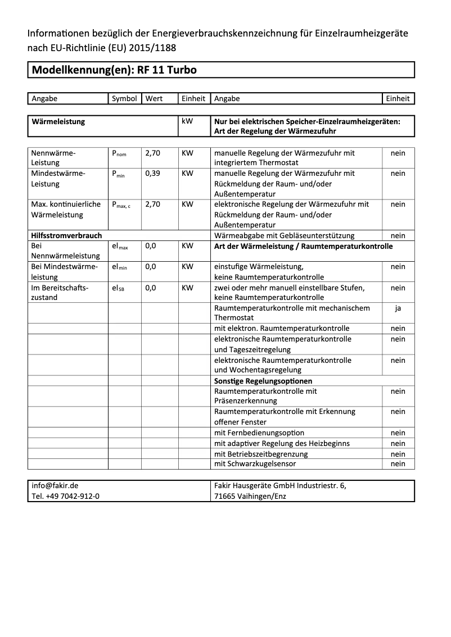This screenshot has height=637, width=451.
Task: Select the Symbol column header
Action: [124, 98]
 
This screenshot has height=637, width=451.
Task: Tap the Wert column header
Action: [154, 98]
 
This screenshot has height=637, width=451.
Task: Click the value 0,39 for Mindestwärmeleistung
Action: [152, 173]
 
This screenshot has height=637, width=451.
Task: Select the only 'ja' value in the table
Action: [398, 308]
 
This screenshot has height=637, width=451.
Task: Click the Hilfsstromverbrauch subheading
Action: [67, 236]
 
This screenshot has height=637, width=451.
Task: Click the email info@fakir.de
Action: [55, 486]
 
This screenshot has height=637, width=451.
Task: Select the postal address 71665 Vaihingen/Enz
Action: [250, 496]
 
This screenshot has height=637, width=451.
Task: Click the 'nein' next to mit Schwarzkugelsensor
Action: [398, 464]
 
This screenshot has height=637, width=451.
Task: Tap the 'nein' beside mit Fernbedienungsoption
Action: [398, 433]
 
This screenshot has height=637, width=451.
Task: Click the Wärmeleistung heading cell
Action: [59, 121]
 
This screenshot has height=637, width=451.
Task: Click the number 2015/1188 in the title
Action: [152, 48]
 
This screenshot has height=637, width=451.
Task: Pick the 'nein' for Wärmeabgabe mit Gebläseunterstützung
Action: [398, 236]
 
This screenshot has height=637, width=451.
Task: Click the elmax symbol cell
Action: [120, 246]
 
